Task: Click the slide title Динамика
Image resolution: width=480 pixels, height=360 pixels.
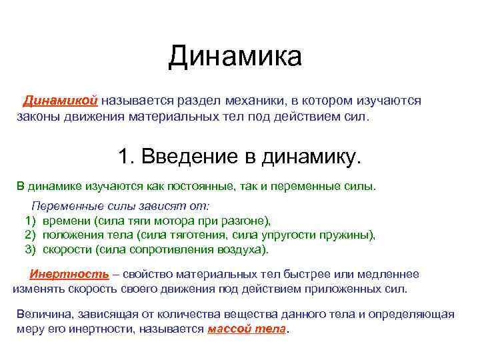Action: [x=235, y=57]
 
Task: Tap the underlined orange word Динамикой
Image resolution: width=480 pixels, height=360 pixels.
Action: [x=61, y=100]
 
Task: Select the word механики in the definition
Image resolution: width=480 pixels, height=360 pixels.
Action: [x=253, y=100]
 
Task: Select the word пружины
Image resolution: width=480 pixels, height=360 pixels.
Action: [x=350, y=235]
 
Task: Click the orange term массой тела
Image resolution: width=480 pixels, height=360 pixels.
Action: [x=247, y=329]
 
